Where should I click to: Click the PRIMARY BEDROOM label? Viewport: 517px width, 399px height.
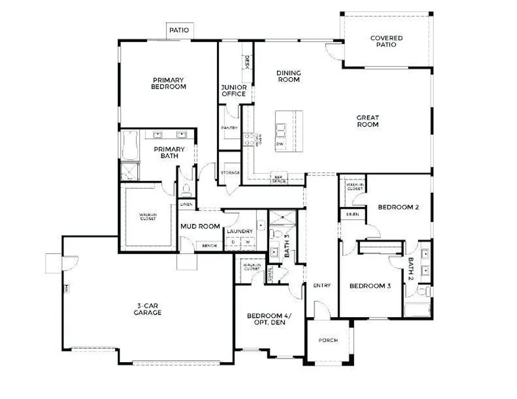pyautogui.click(x=169, y=83)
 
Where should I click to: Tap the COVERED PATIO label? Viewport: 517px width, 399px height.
pyautogui.click(x=386, y=41)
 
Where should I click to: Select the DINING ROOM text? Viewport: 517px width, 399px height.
pyautogui.click(x=288, y=76)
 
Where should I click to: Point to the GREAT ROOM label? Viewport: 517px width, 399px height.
pyautogui.click(x=368, y=121)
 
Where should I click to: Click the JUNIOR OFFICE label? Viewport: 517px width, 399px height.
pyautogui.click(x=234, y=90)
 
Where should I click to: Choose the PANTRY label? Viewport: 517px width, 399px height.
pyautogui.click(x=229, y=128)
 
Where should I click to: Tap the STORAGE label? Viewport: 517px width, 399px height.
pyautogui.click(x=230, y=173)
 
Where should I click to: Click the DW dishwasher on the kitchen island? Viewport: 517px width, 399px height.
pyautogui.click(x=280, y=144)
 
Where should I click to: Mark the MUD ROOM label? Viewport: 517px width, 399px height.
pyautogui.click(x=200, y=226)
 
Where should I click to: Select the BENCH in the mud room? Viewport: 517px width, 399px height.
pyautogui.click(x=209, y=246)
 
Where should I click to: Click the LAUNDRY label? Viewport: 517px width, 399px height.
pyautogui.click(x=239, y=232)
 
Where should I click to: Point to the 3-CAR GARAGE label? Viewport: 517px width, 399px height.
pyautogui.click(x=147, y=309)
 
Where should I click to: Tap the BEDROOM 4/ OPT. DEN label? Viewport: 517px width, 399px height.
pyautogui.click(x=269, y=319)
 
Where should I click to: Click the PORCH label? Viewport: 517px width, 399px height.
pyautogui.click(x=328, y=340)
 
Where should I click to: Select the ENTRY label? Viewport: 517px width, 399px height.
pyautogui.click(x=322, y=286)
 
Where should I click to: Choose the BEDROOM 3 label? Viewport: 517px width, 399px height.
pyautogui.click(x=370, y=286)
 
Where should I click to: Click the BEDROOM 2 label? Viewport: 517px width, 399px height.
pyautogui.click(x=398, y=207)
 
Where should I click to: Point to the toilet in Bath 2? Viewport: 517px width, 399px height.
pyautogui.click(x=423, y=292)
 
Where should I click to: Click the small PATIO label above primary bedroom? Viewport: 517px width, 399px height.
pyautogui.click(x=179, y=30)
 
